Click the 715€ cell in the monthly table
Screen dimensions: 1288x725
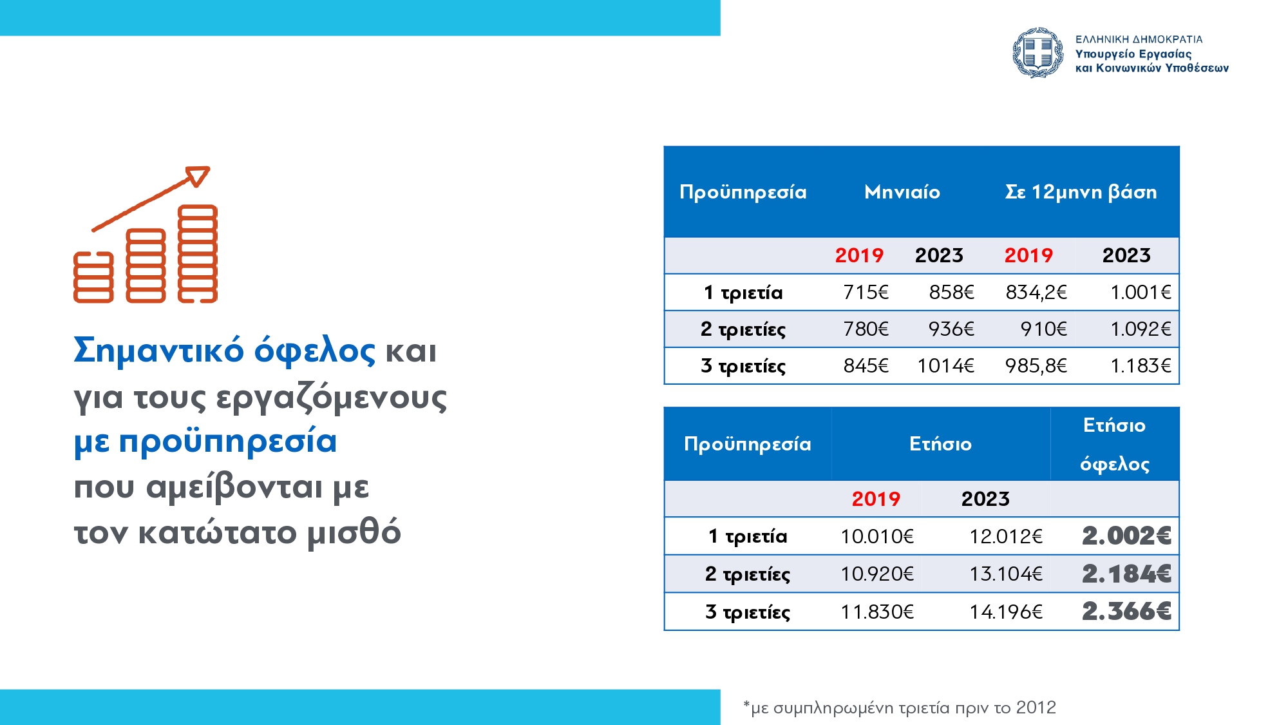tap(866, 293)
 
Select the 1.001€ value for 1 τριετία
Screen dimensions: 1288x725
tap(1141, 293)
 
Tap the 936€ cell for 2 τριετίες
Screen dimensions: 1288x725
tap(951, 329)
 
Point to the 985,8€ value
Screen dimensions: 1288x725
tap(1036, 366)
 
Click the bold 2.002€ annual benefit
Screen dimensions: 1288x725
tap(1126, 536)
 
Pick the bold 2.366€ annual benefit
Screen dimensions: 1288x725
tap(1126, 612)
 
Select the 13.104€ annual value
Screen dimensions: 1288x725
tap(1006, 574)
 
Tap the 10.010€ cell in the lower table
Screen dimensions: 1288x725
tap(877, 536)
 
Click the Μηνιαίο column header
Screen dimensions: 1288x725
tap(902, 192)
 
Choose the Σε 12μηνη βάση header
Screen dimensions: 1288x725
tap(1081, 192)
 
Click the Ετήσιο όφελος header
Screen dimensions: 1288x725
tap(1115, 444)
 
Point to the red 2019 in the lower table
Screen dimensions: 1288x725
tap(876, 499)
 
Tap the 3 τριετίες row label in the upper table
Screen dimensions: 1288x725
tap(743, 366)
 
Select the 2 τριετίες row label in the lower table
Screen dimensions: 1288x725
tap(748, 574)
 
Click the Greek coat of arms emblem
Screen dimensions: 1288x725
tap(1037, 53)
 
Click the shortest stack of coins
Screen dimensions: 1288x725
tap(93, 277)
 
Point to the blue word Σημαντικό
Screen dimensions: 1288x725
tap(159, 351)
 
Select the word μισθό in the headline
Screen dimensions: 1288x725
tap(354, 534)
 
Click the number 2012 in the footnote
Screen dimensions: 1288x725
tap(1036, 708)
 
